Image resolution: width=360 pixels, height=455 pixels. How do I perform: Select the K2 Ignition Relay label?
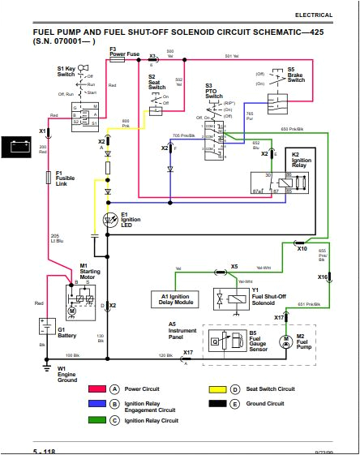[301, 160]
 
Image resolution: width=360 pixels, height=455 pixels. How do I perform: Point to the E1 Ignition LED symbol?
[108, 219]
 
